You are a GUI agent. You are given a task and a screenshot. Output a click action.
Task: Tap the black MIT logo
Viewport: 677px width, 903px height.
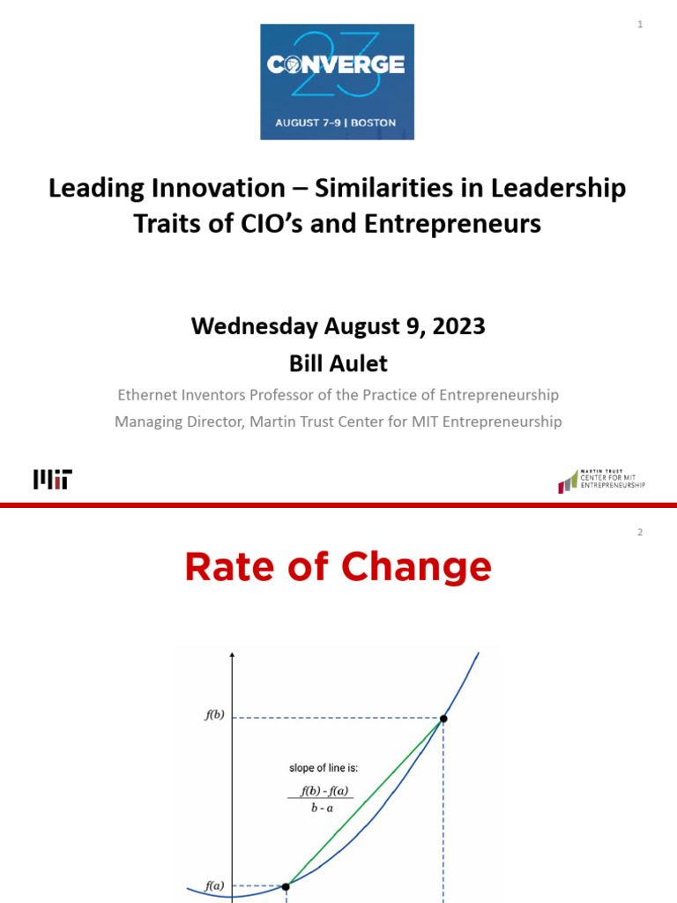click(52, 480)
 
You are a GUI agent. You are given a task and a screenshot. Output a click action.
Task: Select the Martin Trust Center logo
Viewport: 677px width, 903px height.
click(601, 481)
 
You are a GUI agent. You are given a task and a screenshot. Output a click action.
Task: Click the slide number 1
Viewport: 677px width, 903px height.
click(640, 25)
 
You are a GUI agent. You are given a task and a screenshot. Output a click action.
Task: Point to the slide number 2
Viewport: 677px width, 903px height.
click(640, 532)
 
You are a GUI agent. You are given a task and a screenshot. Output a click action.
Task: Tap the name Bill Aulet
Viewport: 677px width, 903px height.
click(338, 362)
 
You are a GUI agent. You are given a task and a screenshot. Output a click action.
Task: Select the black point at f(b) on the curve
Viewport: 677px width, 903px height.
click(443, 719)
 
